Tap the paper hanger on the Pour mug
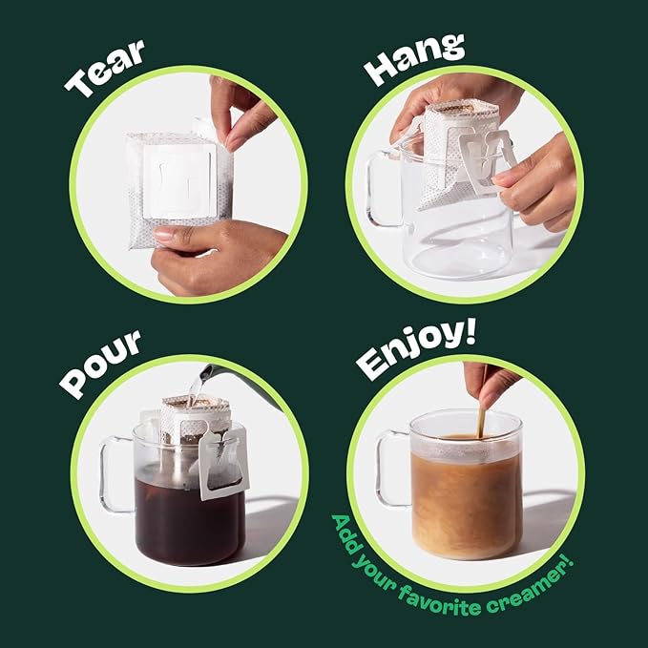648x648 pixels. (223, 463)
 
